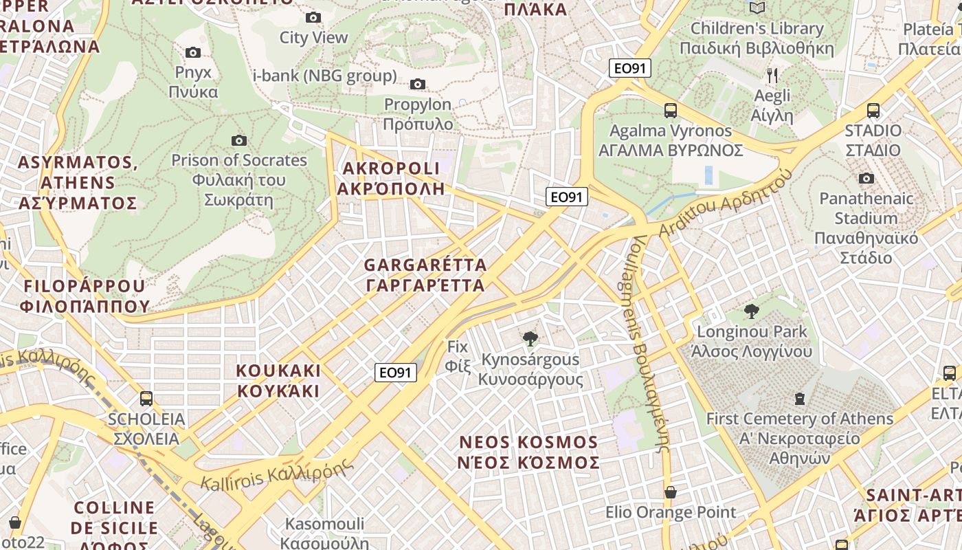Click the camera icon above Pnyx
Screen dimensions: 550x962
point(193,52)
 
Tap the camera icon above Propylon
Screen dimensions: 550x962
point(417,85)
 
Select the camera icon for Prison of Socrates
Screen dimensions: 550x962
point(238,141)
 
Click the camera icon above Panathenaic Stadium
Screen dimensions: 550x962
point(866,179)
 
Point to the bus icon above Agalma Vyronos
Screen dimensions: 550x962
point(670,111)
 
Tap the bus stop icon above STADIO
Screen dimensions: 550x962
point(873,111)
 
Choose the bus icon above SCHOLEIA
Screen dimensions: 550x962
point(146,399)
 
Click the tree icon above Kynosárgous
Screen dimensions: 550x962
point(530,338)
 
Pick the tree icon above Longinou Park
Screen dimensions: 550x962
point(752,311)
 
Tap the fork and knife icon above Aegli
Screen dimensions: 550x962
point(772,75)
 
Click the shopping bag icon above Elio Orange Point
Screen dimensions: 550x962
point(670,492)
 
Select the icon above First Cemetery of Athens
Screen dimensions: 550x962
point(799,399)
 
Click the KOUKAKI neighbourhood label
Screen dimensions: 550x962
point(278,381)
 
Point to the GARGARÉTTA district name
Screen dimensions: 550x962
point(425,274)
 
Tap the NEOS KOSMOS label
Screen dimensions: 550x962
point(528,452)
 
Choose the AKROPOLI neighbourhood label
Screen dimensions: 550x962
point(390,178)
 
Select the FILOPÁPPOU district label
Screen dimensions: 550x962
point(85,296)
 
